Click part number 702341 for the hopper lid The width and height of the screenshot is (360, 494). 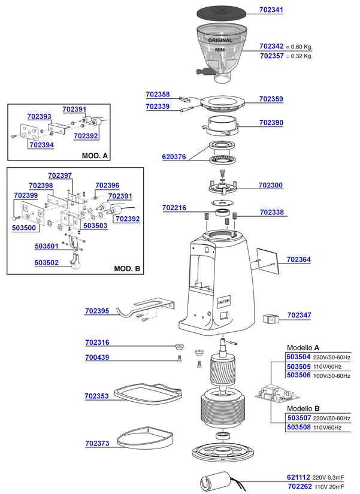pos(271,10)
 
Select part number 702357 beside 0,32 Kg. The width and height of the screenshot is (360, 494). pos(271,56)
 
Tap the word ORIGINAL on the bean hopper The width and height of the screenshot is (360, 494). pos(220,40)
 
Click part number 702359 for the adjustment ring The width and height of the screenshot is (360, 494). pos(271,99)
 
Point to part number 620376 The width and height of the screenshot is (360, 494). pos(174,157)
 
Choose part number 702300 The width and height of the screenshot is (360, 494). pos(271,186)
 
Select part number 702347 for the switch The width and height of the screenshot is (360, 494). pos(299,315)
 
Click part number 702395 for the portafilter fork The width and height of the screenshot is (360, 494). pos(97,311)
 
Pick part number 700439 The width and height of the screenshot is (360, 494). pos(97,357)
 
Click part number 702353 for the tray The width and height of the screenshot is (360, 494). pos(97,396)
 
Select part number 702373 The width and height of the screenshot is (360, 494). pos(97,444)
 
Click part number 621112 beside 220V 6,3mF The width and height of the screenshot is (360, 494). pos(298,477)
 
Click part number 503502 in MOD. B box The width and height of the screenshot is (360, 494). pos(47,262)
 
